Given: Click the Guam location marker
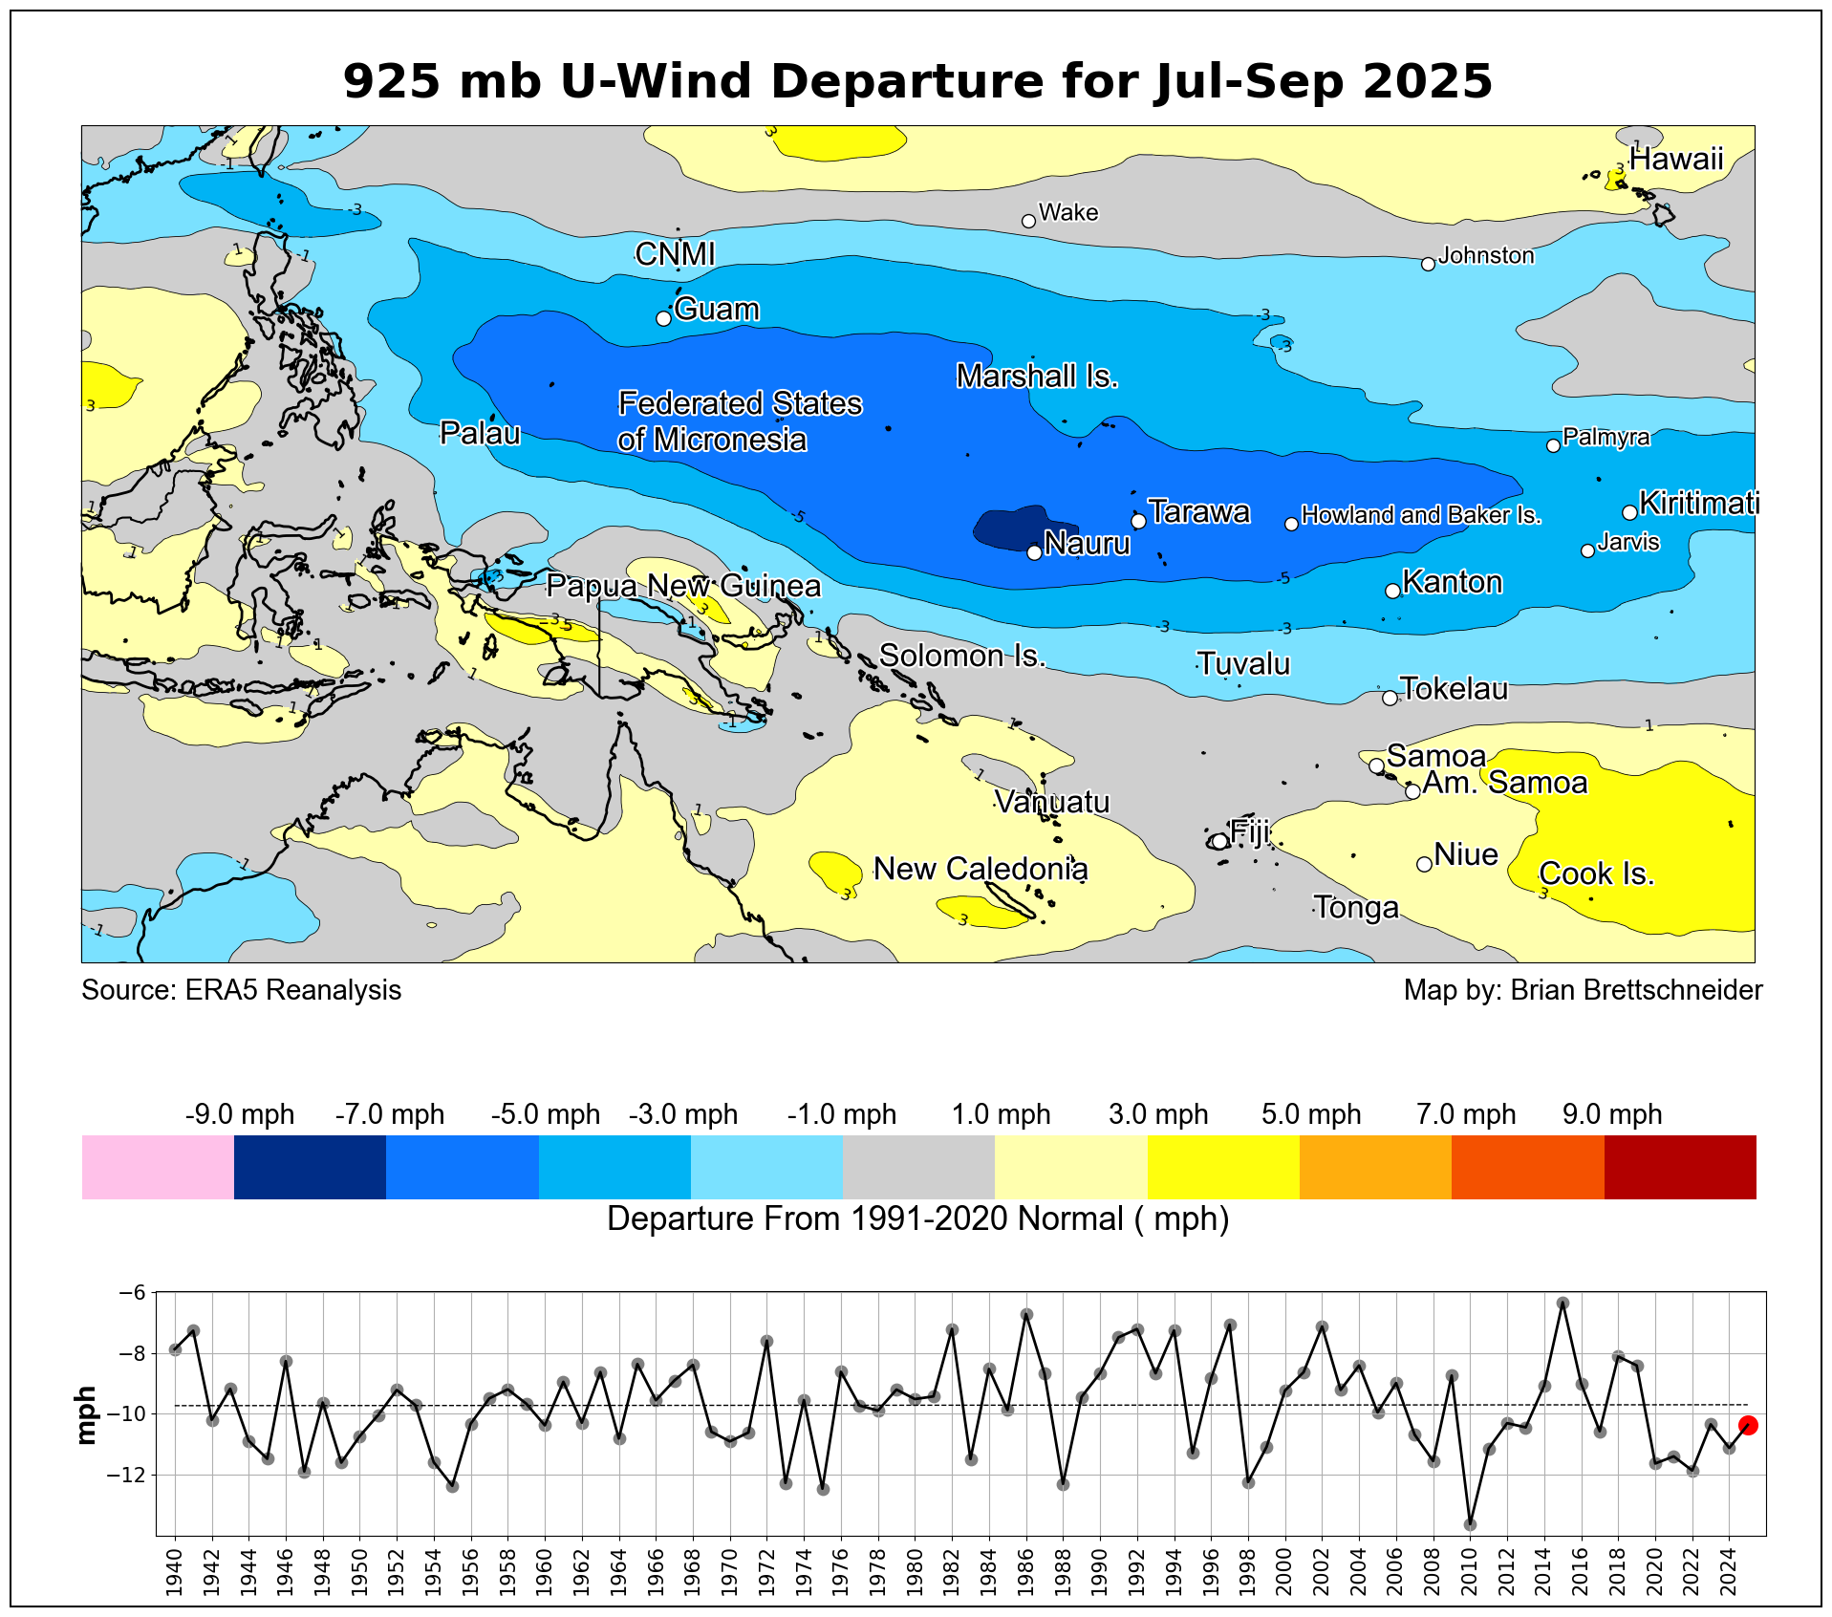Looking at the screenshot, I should (x=664, y=318).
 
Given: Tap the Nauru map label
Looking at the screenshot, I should (x=1087, y=544).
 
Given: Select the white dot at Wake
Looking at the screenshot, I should (x=1028, y=221).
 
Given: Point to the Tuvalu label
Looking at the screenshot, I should (x=1243, y=663).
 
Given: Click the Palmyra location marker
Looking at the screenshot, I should (x=1553, y=445).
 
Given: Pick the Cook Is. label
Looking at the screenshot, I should (x=1596, y=873).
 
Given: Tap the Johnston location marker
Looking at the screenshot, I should (x=1428, y=264).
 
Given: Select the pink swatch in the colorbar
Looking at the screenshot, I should (x=158, y=1166).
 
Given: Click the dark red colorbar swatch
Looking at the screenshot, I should (x=1680, y=1166).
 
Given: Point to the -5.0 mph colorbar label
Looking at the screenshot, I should (x=545, y=1114).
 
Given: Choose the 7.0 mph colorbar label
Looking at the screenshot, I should (x=1466, y=1114).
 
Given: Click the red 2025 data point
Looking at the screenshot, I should (x=1748, y=1425).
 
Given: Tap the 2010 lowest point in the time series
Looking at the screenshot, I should (x=1470, y=1524).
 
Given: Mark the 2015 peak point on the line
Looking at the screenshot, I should (x=1563, y=1304).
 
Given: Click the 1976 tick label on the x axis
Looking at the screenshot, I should (x=841, y=1569).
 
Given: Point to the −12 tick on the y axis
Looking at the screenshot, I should (x=126, y=1475).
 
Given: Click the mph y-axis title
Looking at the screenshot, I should (x=86, y=1414).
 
